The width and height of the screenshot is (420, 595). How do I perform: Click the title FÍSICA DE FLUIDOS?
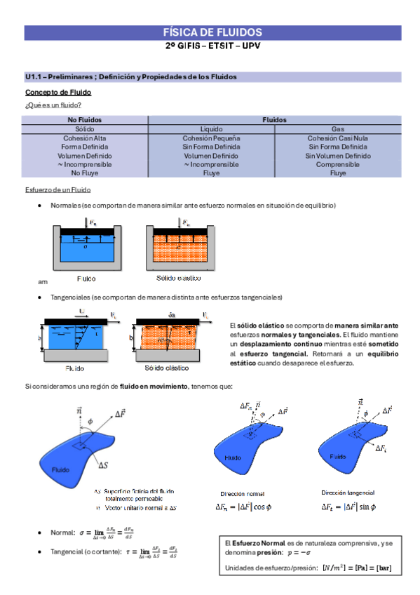pos(212,32)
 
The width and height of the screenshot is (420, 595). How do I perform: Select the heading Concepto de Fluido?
pos(57,93)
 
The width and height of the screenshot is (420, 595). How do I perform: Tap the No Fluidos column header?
pos(85,120)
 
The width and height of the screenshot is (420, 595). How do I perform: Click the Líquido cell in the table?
pos(211,129)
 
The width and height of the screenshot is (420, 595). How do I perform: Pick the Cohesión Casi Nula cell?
pos(338,138)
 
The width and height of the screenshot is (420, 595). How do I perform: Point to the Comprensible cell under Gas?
pos(338,164)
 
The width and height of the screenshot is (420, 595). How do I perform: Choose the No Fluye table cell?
pos(85,173)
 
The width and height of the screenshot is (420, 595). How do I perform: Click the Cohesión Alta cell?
pos(85,138)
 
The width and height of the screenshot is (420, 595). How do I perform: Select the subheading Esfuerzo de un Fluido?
pos(57,190)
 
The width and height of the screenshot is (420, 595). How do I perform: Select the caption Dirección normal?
pos(243,493)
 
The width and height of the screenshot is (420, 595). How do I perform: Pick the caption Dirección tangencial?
pos(348,493)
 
